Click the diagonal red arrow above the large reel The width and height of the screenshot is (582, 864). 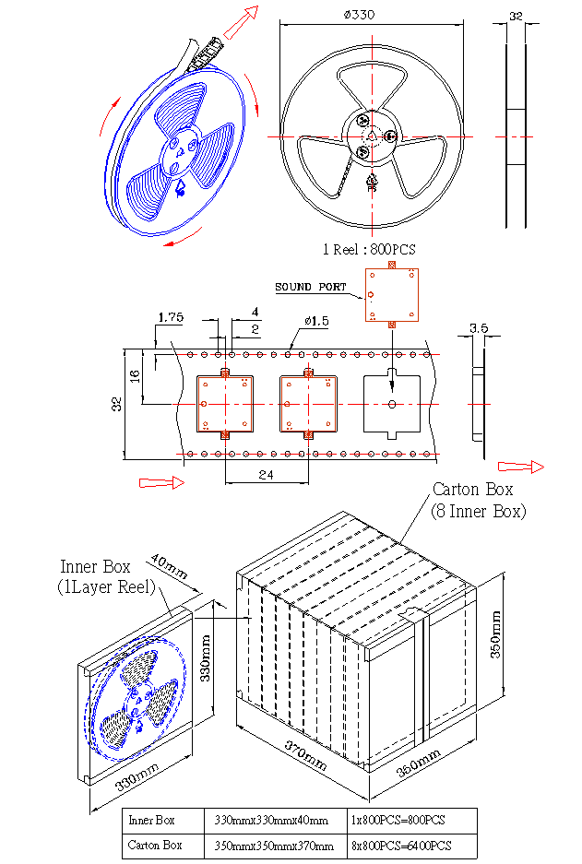pos(241,22)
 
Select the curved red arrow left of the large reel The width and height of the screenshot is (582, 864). pos(108,116)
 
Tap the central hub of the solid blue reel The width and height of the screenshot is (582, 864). pos(177,154)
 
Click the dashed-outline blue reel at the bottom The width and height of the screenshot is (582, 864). pos(137,698)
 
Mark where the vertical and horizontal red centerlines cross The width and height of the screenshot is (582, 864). pos(372,137)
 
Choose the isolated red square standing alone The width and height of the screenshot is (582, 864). pos(392,295)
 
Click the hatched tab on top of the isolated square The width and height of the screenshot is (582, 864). pos(392,265)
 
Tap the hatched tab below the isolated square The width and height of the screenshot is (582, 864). pos(392,325)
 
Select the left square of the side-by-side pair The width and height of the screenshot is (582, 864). pos(225,404)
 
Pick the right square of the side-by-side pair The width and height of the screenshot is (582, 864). pos(308,404)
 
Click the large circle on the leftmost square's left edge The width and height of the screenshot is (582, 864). pos(204,404)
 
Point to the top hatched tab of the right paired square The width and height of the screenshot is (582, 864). pos(308,374)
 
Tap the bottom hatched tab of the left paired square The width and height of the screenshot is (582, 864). pos(225,434)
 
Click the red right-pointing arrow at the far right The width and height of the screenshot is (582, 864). pos(521,467)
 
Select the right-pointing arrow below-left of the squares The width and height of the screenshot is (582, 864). pos(162,482)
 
